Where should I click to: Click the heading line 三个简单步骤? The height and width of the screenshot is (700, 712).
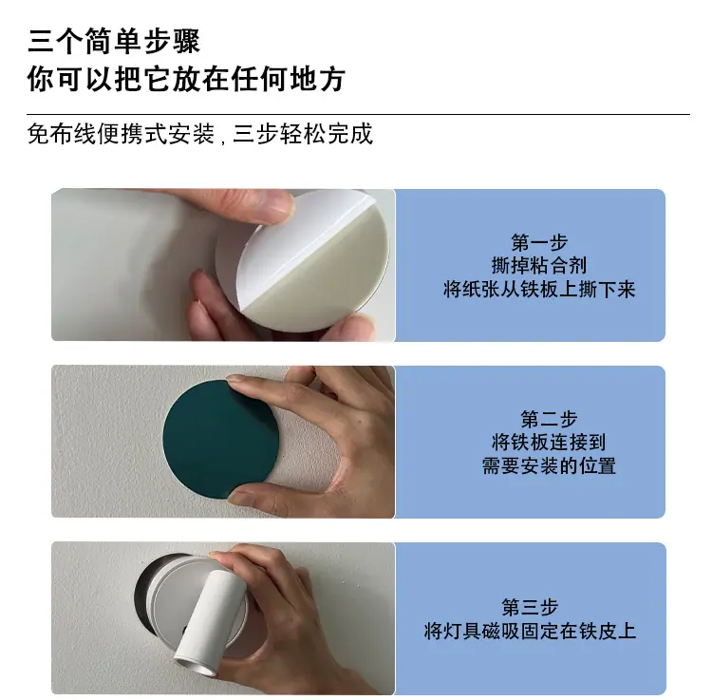tap(114, 41)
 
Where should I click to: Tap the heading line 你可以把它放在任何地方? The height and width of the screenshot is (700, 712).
tap(186, 79)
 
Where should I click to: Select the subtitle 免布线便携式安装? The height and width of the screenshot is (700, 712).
tap(121, 134)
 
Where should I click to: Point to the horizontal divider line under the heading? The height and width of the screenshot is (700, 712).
tap(358, 114)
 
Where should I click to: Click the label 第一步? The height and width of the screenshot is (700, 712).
tap(539, 242)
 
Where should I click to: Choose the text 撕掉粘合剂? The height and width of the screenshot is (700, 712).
tap(539, 265)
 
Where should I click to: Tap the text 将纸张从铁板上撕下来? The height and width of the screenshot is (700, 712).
tap(539, 290)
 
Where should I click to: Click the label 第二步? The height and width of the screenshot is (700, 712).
tap(549, 419)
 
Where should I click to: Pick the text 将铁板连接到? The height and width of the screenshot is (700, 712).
tap(549, 442)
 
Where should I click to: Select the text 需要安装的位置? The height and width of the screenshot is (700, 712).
tap(549, 466)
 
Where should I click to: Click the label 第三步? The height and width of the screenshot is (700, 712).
tap(530, 607)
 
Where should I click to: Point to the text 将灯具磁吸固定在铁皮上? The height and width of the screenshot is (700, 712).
tap(530, 631)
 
